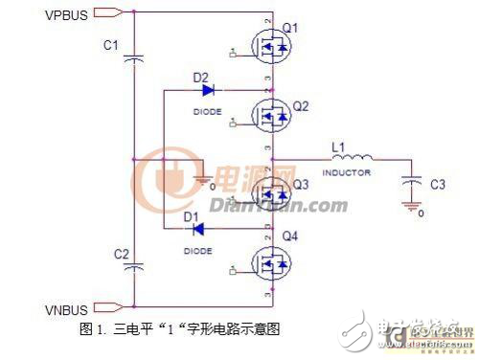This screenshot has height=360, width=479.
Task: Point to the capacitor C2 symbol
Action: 135,261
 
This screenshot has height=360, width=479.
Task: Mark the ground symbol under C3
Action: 412,203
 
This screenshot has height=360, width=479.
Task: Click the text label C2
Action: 122,254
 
